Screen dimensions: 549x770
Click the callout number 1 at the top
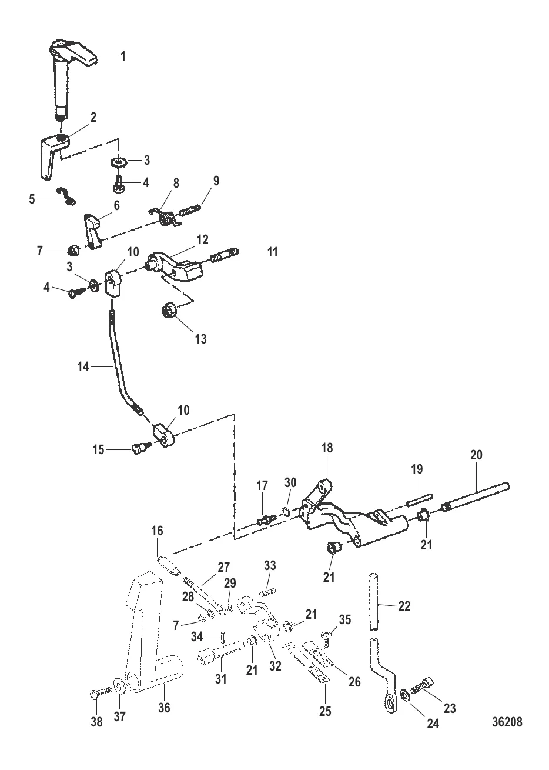[x=123, y=56]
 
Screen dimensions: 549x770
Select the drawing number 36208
[x=507, y=722]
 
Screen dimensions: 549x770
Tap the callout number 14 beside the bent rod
[x=83, y=367]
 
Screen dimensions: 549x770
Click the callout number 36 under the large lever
[x=164, y=708]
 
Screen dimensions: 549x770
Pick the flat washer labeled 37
[x=119, y=684]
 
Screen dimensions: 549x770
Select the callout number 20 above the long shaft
[x=476, y=455]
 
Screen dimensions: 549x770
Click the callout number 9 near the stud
[x=216, y=181]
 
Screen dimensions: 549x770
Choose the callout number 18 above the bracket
[x=327, y=448]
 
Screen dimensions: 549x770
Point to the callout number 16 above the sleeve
[x=157, y=531]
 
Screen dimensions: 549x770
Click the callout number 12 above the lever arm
[x=203, y=239]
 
